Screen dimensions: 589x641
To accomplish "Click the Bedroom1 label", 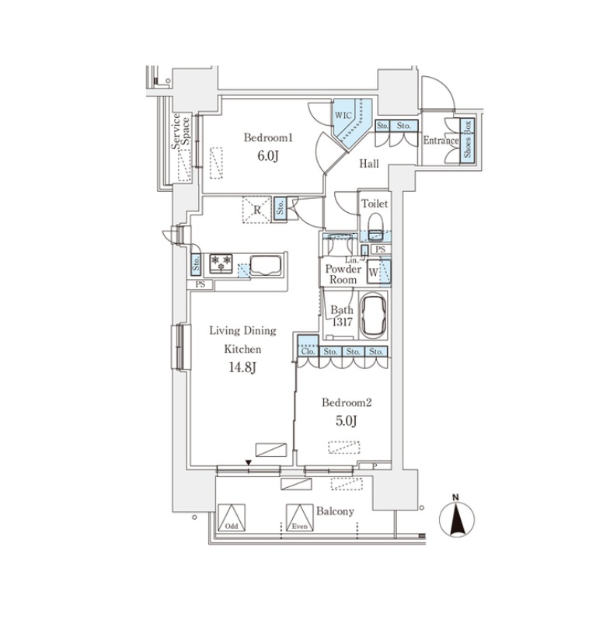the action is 268,138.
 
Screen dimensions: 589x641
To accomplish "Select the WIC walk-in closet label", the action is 343,115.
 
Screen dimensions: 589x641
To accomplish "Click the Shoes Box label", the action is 467,140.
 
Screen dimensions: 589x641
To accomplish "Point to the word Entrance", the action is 441,141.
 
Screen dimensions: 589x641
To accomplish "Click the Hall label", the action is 368,164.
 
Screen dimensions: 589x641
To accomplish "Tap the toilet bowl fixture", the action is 375,226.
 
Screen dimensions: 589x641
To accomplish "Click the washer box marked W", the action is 373,272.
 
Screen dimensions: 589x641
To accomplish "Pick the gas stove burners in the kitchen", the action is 221,263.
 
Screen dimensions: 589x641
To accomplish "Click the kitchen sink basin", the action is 266,267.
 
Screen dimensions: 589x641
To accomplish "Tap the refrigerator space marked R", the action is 256,210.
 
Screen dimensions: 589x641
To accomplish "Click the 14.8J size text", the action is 242,368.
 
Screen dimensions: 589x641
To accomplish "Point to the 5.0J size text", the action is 347,420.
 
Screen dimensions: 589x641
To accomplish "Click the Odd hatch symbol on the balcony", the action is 232,517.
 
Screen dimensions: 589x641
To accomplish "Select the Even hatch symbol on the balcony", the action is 300,517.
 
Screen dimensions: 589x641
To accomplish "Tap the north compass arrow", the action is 456,520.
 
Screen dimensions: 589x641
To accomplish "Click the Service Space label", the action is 180,131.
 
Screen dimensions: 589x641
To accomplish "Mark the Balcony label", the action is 335,511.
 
